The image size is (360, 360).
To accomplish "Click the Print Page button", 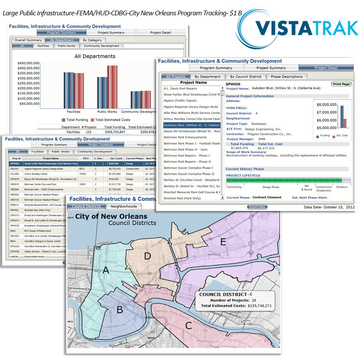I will tap(341, 84).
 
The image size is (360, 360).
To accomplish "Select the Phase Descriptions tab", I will tap(287, 77).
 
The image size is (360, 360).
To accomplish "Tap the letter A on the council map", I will tap(106, 271).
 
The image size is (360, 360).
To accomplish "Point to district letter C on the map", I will tap(188, 326).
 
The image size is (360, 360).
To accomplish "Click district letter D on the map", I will tap(147, 256).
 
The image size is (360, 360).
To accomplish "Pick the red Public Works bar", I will tap(112, 87).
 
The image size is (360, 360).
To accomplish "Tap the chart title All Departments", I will tap(94, 56).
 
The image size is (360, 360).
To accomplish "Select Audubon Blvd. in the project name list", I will tap(191, 125).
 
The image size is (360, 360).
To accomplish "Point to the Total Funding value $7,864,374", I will tap(239, 148).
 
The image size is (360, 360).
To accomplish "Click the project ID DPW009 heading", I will tap(233, 84).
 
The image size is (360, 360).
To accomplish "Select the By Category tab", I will tap(92, 40).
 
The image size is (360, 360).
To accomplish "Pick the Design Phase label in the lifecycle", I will tap(271, 187).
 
